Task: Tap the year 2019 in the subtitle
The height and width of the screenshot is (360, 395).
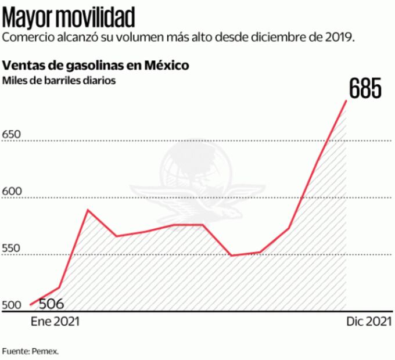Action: pyautogui.click(x=340, y=38)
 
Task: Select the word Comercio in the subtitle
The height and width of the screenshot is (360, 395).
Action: pyautogui.click(x=27, y=38)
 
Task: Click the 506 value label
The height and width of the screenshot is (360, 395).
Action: pyautogui.click(x=51, y=304)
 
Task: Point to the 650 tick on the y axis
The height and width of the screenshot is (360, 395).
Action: pyautogui.click(x=12, y=135)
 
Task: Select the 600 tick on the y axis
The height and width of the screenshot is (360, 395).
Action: pyautogui.click(x=12, y=192)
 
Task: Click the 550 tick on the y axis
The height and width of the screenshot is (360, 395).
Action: pyautogui.click(x=12, y=249)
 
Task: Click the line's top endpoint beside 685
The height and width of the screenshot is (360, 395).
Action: pyautogui.click(x=346, y=100)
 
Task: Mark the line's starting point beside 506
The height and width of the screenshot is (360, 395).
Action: pyautogui.click(x=30, y=304)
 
